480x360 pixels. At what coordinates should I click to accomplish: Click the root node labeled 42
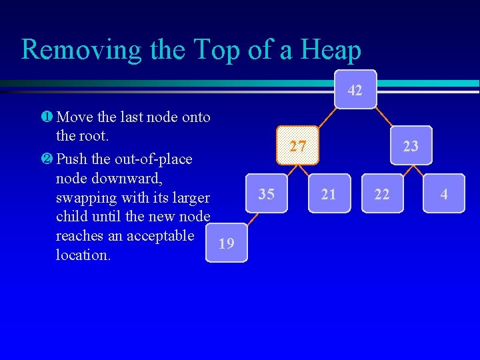[x=355, y=90]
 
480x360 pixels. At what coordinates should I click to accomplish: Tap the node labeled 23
[x=411, y=145]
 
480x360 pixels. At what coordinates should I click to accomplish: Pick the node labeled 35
[x=266, y=194]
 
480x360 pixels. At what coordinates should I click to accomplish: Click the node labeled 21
[x=329, y=194]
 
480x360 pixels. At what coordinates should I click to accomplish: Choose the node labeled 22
[x=383, y=194]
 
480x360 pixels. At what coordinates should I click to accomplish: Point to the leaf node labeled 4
[x=443, y=194]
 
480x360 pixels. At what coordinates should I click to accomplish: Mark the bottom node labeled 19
[x=227, y=243]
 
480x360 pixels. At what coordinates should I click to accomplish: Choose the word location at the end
[x=83, y=255]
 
